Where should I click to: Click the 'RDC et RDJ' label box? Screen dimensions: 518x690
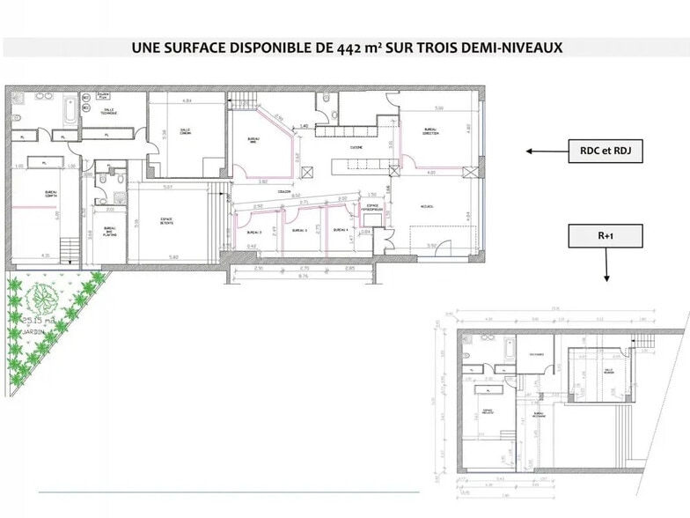(x=605, y=152)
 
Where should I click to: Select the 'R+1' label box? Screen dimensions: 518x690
(x=605, y=236)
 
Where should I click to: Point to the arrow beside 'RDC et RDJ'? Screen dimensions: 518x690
(x=545, y=152)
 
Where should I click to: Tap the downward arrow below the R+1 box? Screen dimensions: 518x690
(x=606, y=265)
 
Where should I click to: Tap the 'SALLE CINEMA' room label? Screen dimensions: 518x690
(x=186, y=132)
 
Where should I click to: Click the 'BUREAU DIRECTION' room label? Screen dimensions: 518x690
(x=430, y=132)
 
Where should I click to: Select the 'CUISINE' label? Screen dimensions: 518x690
(x=357, y=147)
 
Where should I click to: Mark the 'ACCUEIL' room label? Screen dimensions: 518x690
(x=427, y=206)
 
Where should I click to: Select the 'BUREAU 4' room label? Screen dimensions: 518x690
(x=341, y=230)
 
